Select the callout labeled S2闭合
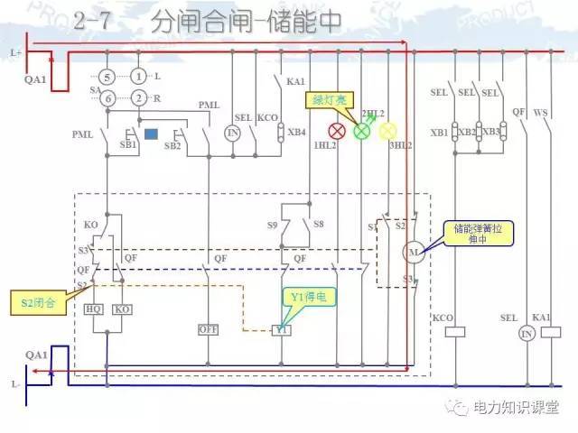[x=37, y=303]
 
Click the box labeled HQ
[x=94, y=309]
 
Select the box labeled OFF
[x=210, y=330]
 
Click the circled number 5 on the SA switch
[x=107, y=78]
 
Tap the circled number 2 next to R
[x=138, y=97]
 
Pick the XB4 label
[x=296, y=133]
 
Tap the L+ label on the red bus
[x=16, y=52]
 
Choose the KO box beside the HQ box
[x=123, y=309]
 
